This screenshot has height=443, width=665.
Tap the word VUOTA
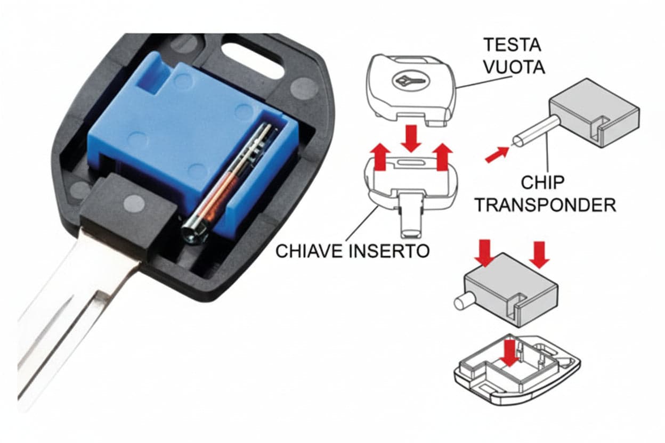(515, 67)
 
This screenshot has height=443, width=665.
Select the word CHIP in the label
(542, 183)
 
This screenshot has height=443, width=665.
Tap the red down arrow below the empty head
(411, 138)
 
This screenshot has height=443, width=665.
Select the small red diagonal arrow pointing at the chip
(497, 154)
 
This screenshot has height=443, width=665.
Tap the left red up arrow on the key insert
(380, 156)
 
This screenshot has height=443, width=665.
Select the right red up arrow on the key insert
(442, 157)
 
